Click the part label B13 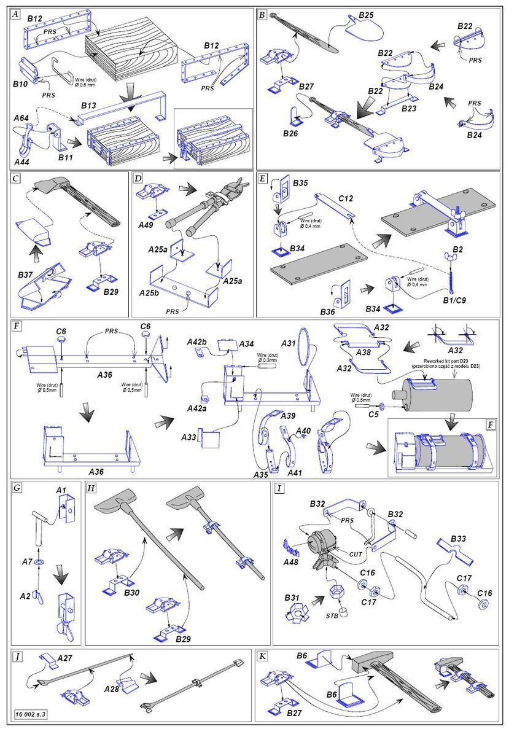[90, 106]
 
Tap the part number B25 [367, 15]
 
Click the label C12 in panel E [346, 199]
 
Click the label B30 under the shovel [132, 593]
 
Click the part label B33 [458, 539]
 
